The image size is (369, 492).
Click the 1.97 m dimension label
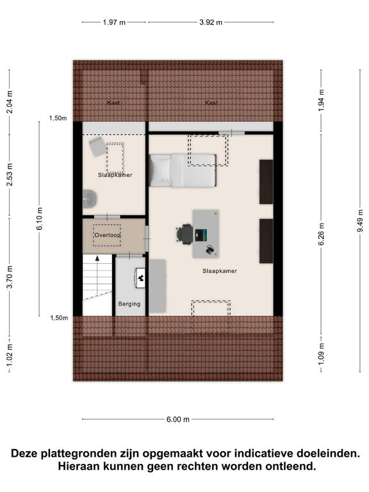pos(114,22)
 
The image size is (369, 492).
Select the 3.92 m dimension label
pos(211,22)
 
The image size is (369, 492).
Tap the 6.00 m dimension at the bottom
pos(178,420)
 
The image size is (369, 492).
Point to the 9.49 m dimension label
pos(360,221)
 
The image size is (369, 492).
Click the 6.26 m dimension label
pos(321,234)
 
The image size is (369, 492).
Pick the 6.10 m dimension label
pos(39,218)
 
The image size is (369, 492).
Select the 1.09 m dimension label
pos(321,354)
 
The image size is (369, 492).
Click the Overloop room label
pos(108,235)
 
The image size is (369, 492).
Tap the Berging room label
pos(129,304)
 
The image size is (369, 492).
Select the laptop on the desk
pos(201,235)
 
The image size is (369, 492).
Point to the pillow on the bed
pos(160,171)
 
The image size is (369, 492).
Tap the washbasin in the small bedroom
pos(90,199)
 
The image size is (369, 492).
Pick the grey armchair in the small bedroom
pos(97,147)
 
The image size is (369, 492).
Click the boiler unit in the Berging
pos(140,278)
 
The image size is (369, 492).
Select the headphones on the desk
pos(210,250)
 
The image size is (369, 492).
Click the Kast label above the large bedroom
pos(211,102)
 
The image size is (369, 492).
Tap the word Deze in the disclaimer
pos(26,454)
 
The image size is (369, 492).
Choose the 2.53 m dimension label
pos(10,175)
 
